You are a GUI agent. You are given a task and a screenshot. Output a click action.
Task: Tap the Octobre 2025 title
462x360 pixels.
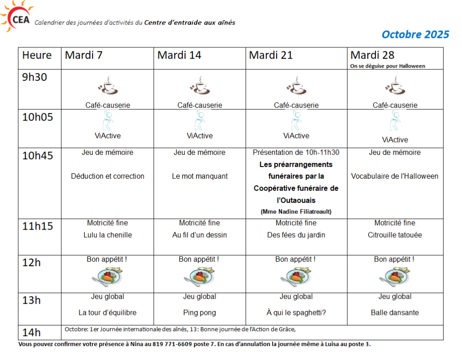click(x=415, y=35)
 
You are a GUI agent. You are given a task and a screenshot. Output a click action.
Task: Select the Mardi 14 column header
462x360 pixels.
click(x=179, y=55)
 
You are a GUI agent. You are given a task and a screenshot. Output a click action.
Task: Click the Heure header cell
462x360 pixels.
click(x=37, y=55)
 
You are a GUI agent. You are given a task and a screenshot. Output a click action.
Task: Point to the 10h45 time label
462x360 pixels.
click(x=37, y=156)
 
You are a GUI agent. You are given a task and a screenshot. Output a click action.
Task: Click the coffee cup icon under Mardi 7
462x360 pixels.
click(x=108, y=86)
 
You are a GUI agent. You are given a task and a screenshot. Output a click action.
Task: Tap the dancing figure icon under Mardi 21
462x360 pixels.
click(x=296, y=121)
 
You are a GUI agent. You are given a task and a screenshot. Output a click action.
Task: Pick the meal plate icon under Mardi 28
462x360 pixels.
click(x=394, y=276)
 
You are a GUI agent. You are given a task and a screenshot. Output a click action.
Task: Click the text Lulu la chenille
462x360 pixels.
click(x=108, y=235)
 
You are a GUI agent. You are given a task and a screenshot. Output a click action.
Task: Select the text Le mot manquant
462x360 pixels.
click(x=200, y=176)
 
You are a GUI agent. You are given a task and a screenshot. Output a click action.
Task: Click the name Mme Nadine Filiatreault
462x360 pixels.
click(x=296, y=212)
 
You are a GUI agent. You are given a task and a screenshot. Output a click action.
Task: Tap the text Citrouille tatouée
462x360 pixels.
click(x=395, y=235)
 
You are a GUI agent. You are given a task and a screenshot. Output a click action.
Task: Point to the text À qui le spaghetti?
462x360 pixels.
click(x=296, y=313)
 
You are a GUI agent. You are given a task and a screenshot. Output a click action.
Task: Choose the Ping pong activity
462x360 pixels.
click(x=199, y=313)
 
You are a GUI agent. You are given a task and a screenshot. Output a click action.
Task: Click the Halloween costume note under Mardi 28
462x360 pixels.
click(x=388, y=66)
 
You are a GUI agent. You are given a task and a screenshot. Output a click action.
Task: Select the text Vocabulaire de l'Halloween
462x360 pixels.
click(x=395, y=176)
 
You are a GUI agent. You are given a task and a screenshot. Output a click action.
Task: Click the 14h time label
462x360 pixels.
click(x=32, y=333)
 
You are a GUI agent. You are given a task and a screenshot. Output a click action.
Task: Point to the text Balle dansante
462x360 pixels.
click(x=395, y=313)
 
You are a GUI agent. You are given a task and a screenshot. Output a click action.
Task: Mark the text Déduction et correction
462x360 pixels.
click(x=108, y=176)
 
